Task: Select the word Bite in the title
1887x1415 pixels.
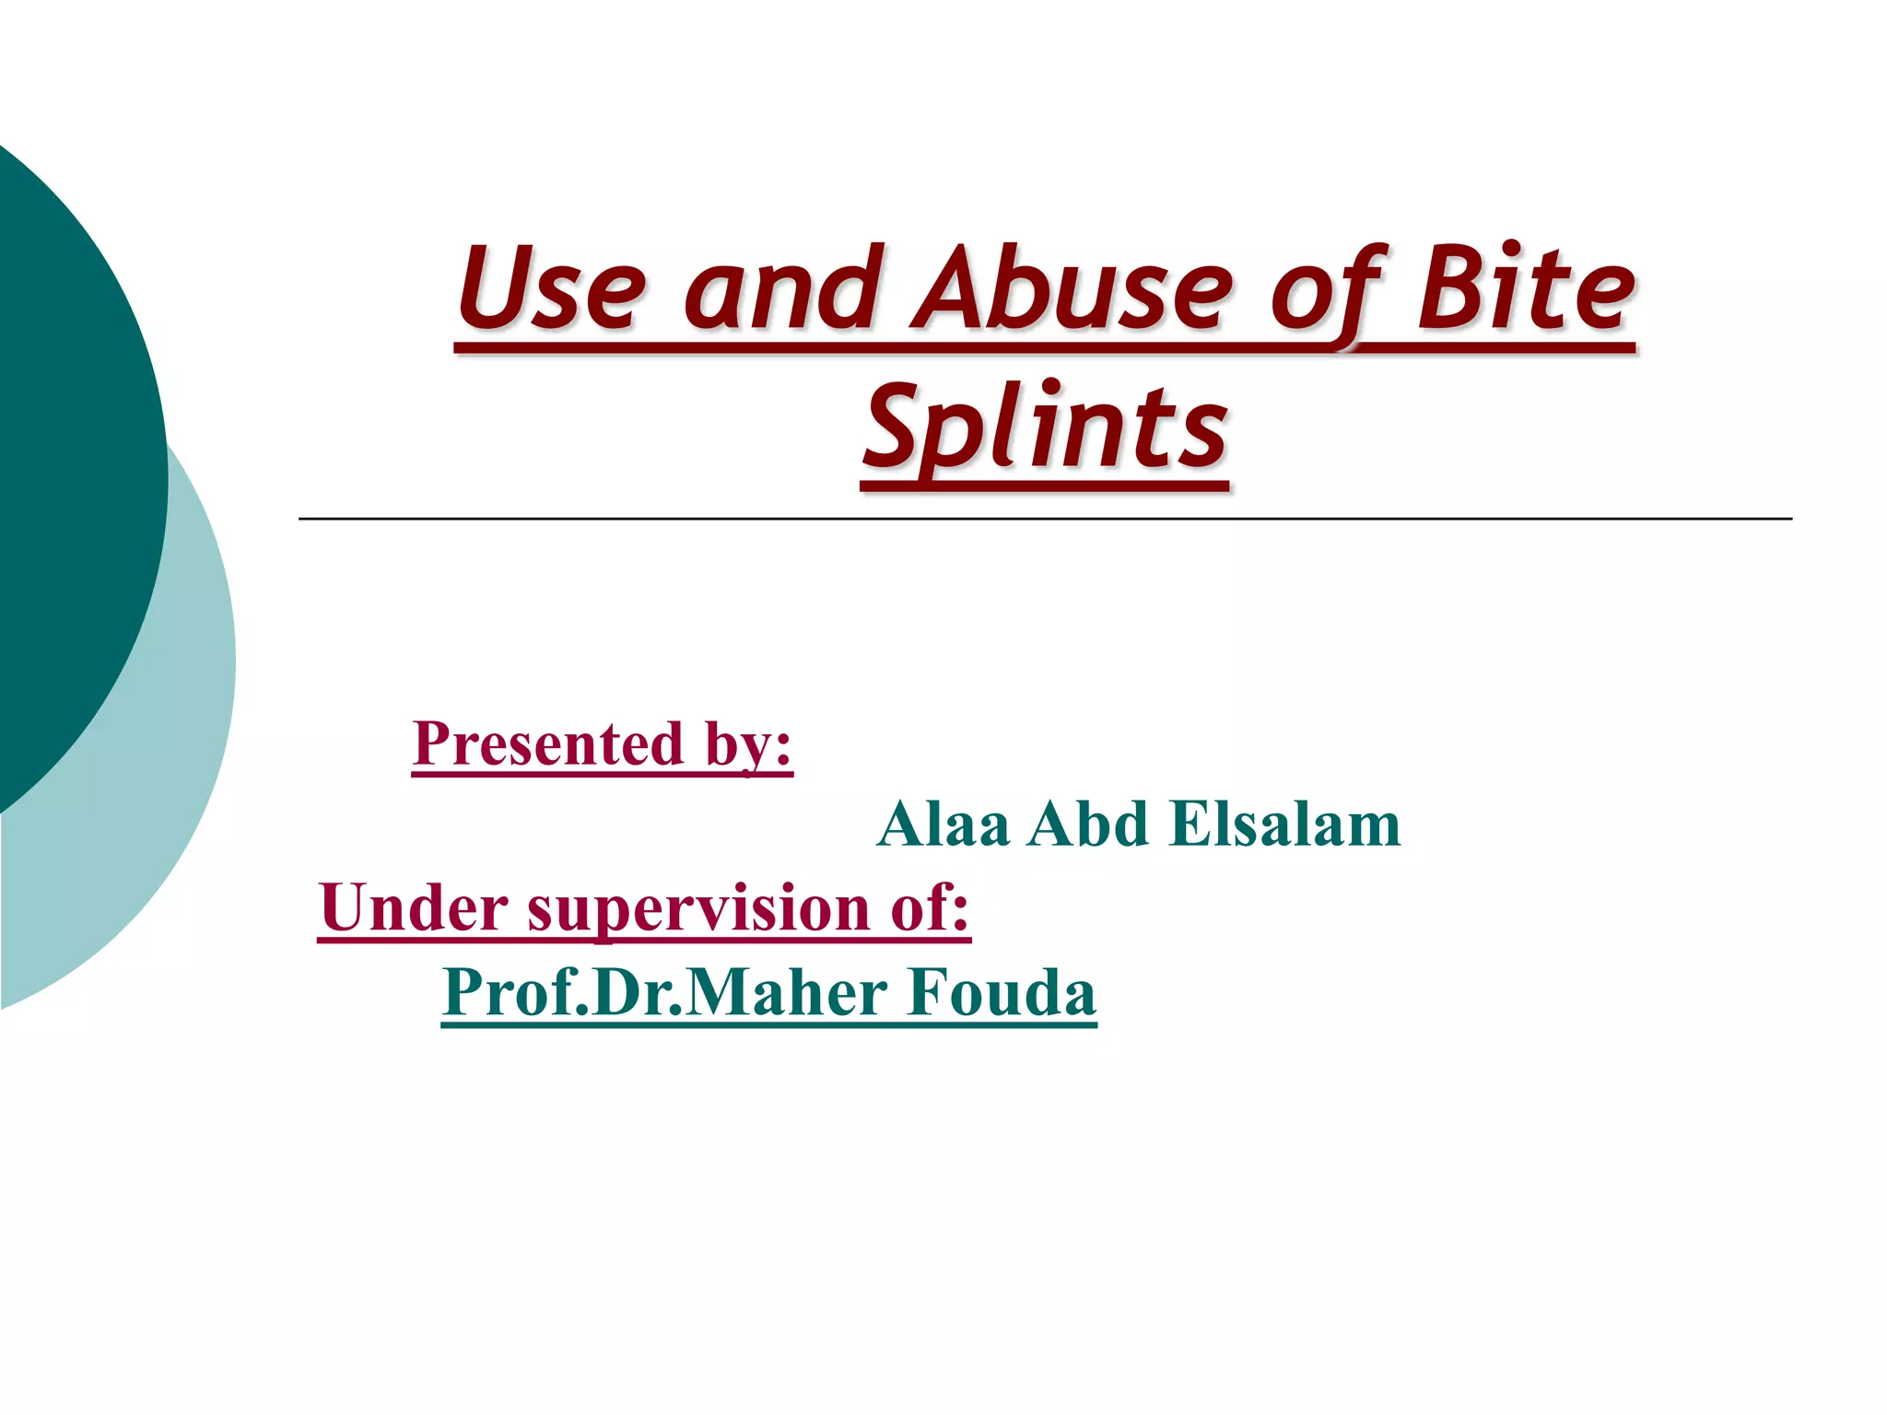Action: [1525, 289]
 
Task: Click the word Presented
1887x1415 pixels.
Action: [549, 743]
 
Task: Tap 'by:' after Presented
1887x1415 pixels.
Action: [748, 745]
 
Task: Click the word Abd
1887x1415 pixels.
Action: [1088, 824]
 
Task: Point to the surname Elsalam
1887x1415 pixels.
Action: [1285, 824]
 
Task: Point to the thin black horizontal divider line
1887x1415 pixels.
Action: [1045, 520]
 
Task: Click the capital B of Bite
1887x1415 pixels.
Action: [1447, 289]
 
